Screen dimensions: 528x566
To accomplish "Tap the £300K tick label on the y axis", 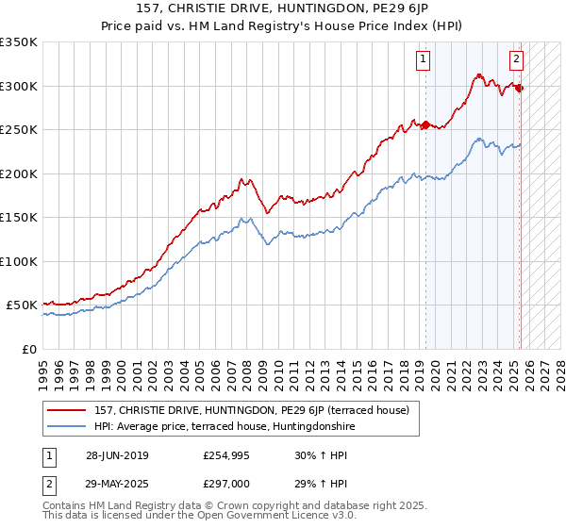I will click(x=19, y=86).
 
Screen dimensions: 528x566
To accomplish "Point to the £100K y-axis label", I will click(x=19, y=261).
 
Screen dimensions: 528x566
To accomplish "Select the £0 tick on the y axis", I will click(x=28, y=349).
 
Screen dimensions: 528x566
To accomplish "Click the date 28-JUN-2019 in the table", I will click(x=117, y=455).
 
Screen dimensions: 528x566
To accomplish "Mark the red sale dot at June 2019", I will click(x=425, y=124).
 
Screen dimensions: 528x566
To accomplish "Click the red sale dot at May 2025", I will click(x=520, y=88).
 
